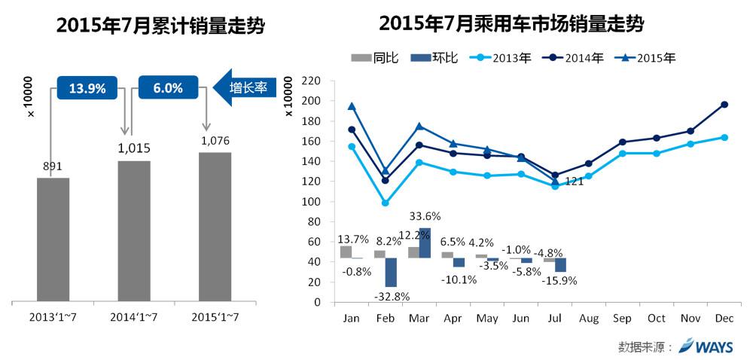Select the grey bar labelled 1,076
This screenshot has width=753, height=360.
[x=215, y=227]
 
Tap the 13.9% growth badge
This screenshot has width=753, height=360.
[x=87, y=88]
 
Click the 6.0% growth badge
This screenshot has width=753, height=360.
[x=167, y=88]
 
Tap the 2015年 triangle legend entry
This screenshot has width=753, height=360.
[x=646, y=58]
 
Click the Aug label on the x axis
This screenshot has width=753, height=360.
[x=588, y=318]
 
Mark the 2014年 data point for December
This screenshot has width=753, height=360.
[x=724, y=105]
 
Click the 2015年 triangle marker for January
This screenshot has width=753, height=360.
[x=352, y=106]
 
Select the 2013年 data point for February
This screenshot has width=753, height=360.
[x=386, y=203]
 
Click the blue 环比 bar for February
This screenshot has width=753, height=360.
[x=391, y=273]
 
